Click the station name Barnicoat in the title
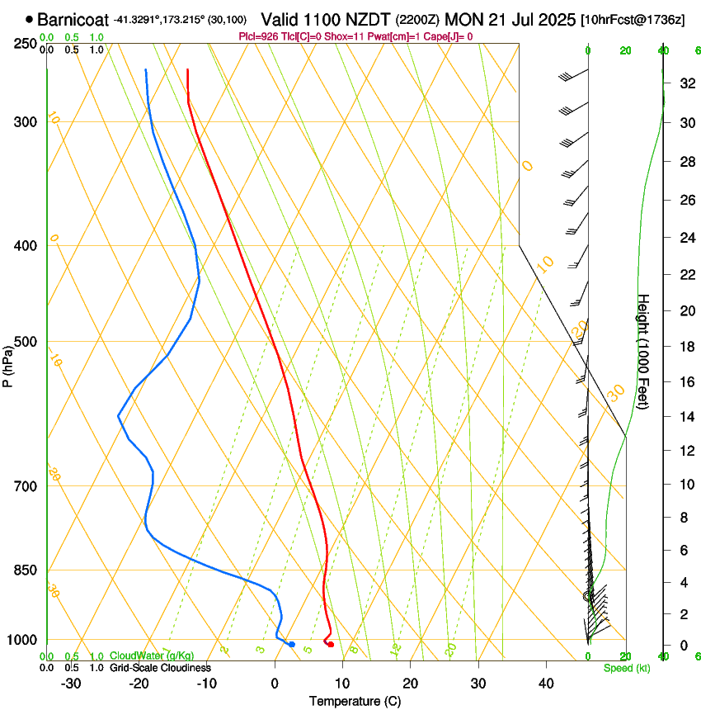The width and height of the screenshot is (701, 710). point(73,18)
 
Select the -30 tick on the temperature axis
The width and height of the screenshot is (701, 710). point(71,683)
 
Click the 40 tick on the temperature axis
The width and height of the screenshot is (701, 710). point(545,683)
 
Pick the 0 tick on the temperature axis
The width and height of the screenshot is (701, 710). point(275,683)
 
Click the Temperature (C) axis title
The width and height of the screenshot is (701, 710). point(355,701)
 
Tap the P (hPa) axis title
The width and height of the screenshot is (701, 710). point(8,363)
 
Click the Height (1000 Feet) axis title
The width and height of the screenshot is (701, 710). point(644,351)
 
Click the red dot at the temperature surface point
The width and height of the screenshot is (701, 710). point(331,644)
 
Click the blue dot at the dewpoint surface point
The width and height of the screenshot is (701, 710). point(292,644)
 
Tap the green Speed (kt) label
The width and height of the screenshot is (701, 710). point(627,668)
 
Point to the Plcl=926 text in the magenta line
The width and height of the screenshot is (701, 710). point(257,36)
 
